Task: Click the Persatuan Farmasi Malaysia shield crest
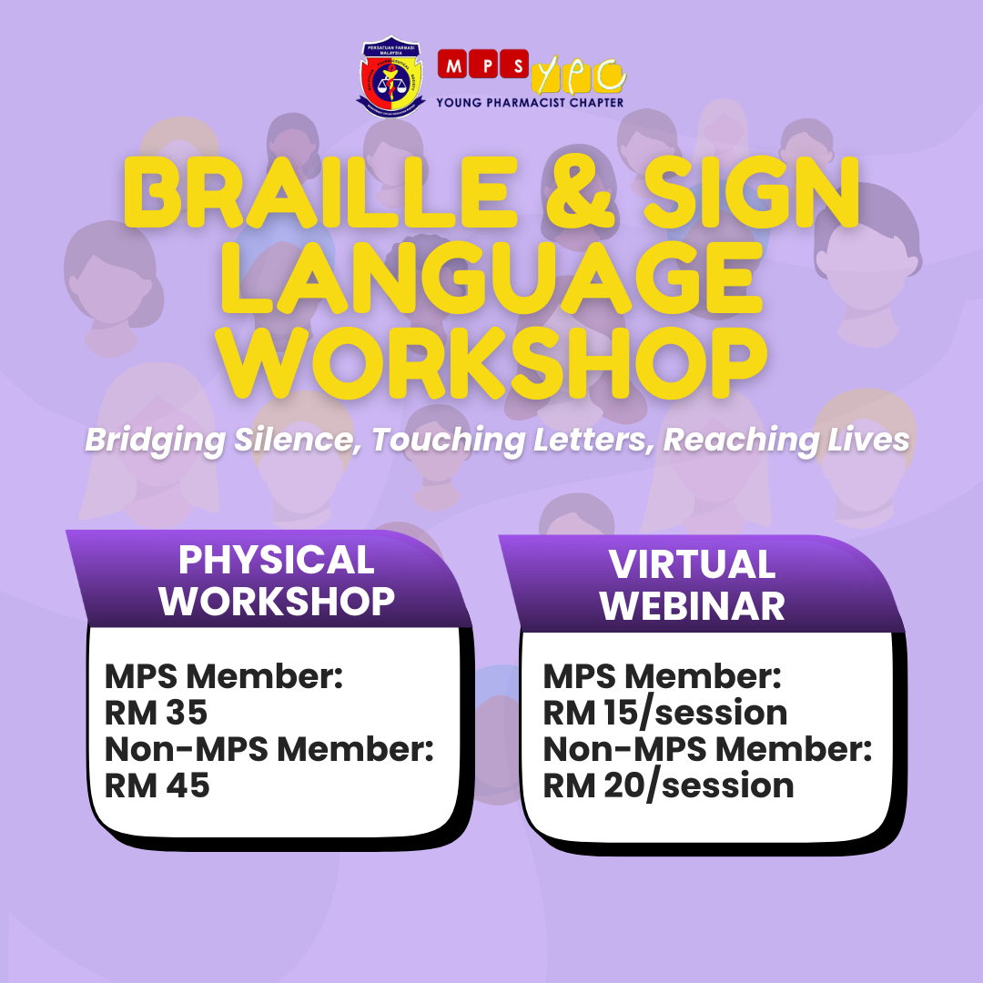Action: (391, 76)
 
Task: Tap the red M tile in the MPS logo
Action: (452, 65)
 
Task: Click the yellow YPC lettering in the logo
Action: (578, 76)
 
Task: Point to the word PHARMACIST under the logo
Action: (525, 103)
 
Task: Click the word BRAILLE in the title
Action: (320, 192)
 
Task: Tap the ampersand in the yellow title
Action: (581, 192)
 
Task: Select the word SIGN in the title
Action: (752, 192)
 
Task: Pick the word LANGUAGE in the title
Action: (491, 278)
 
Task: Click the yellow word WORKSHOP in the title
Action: (494, 362)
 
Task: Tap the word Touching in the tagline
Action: (448, 441)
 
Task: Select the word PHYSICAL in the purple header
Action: (277, 559)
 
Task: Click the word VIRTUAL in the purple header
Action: (692, 564)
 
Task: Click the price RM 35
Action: (157, 713)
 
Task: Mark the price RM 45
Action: (157, 785)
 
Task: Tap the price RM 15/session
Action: (665, 714)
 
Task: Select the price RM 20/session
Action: (668, 786)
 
